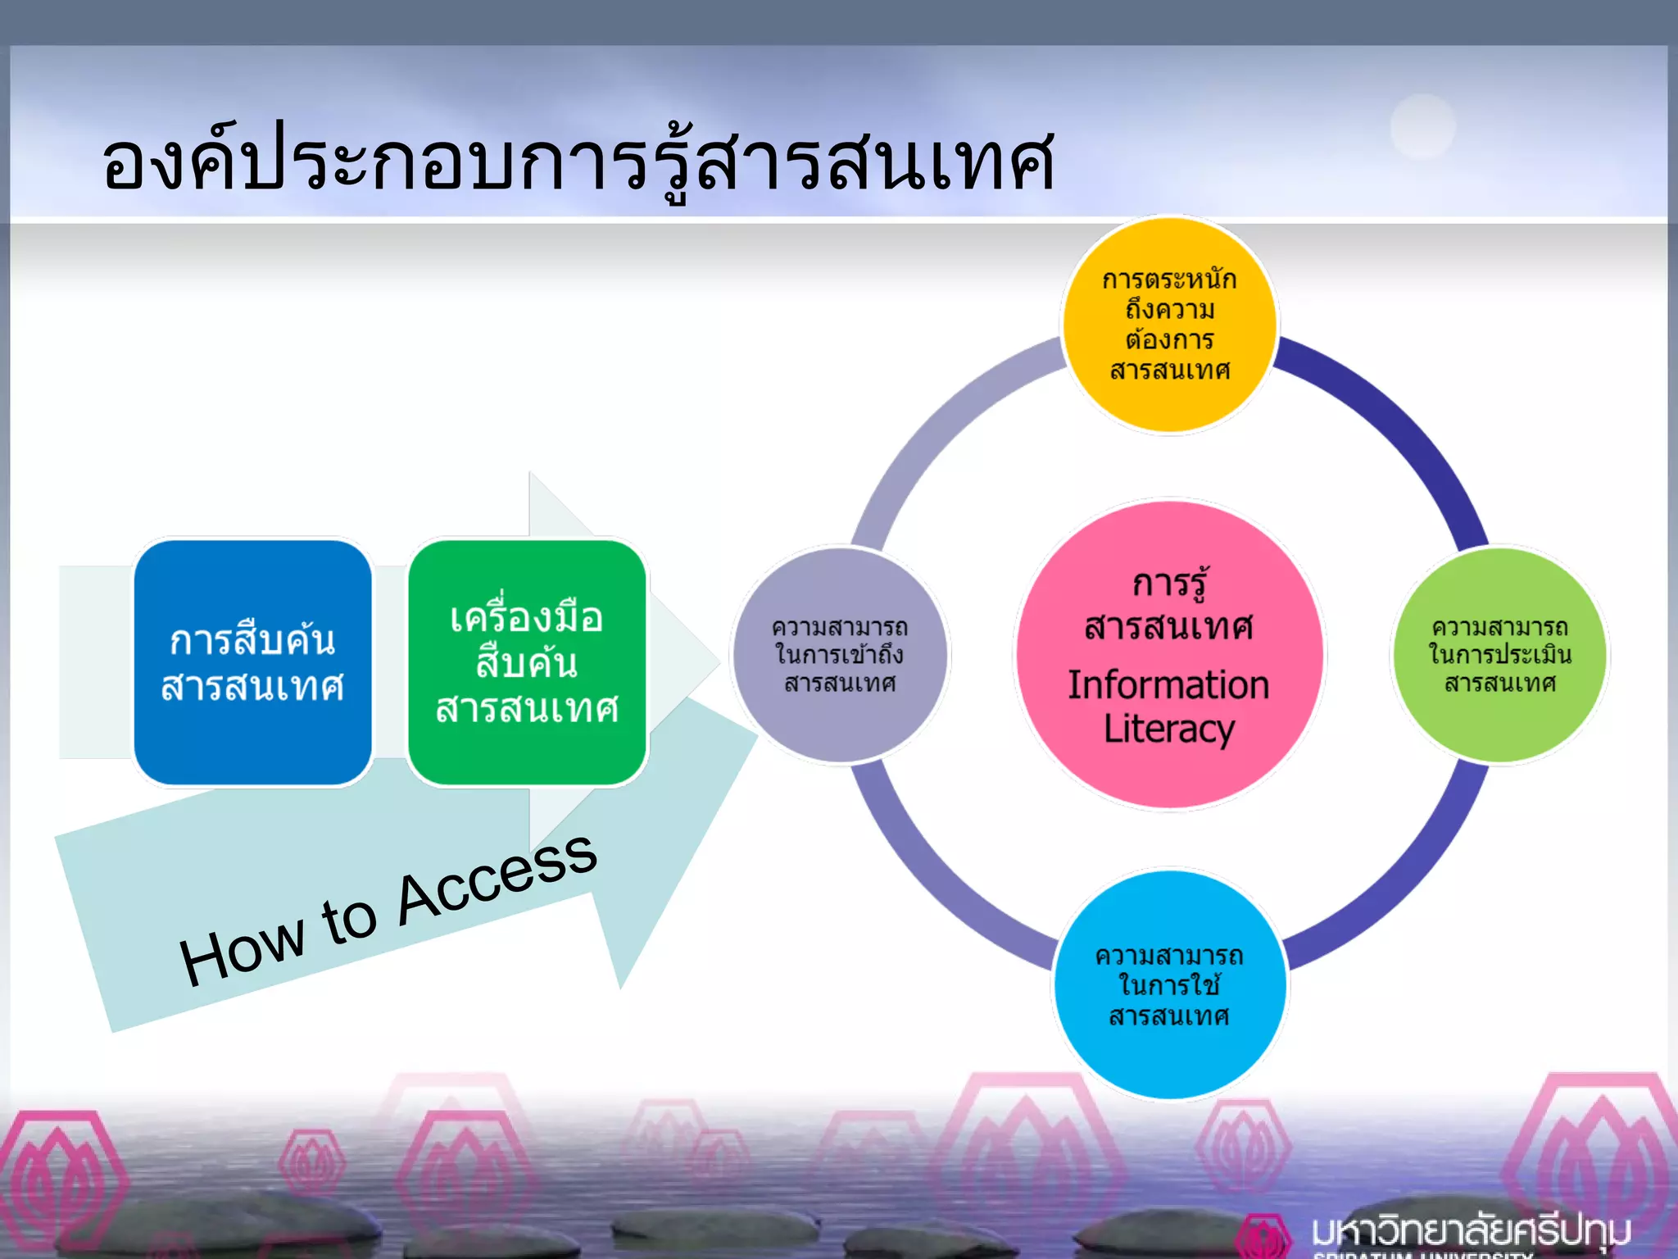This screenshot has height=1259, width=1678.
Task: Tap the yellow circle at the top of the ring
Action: tap(1169, 325)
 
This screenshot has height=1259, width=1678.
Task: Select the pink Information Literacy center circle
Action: tap(1169, 656)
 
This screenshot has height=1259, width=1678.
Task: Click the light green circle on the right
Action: tap(1499, 656)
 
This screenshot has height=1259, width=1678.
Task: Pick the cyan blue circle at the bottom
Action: tap(1169, 984)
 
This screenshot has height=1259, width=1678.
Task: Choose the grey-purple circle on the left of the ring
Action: tap(840, 656)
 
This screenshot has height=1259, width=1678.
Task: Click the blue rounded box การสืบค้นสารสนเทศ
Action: tap(252, 662)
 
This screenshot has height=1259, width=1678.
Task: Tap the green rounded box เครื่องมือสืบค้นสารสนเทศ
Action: tap(527, 662)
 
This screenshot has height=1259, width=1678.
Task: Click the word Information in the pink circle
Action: tap(1168, 685)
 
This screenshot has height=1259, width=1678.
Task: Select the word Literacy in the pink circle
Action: tap(1168, 729)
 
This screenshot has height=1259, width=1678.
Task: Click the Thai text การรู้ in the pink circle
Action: tap(1168, 584)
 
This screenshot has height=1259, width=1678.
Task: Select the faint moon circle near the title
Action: tap(1423, 126)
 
